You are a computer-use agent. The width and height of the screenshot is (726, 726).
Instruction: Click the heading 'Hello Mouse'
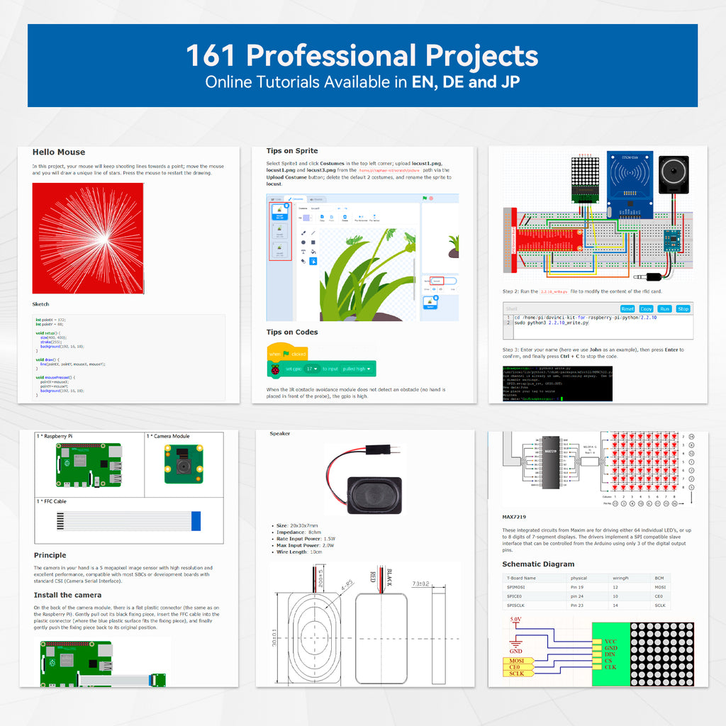(59, 152)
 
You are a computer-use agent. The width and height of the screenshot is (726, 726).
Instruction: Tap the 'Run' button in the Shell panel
(664, 308)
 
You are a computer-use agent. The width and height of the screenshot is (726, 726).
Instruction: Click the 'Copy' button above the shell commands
(646, 308)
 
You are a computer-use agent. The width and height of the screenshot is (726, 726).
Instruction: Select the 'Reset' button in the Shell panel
(627, 308)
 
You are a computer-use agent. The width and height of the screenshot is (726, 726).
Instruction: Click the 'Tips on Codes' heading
(292, 332)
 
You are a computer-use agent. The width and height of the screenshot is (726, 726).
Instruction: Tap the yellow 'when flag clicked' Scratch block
(287, 353)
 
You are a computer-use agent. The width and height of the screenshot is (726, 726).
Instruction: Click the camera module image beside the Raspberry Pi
(184, 464)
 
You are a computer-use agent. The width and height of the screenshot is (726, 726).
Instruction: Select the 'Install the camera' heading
(67, 595)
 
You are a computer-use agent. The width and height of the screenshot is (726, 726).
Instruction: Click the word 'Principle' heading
(50, 555)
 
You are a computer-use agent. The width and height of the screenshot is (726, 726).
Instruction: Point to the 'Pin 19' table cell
(579, 587)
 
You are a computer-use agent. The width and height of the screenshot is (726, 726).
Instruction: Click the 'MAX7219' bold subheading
(514, 518)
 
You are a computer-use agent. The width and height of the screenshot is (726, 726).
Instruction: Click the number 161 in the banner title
(212, 55)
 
